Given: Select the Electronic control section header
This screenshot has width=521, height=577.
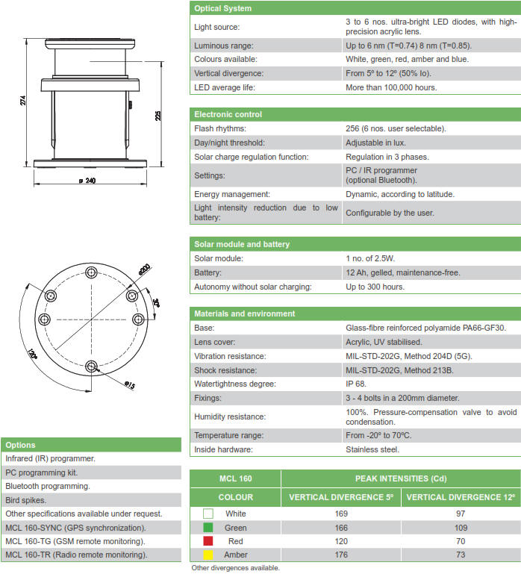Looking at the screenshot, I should (x=228, y=114).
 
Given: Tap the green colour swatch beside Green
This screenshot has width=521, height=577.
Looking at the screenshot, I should (x=208, y=528).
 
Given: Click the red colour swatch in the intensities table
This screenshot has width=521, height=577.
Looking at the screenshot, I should (x=208, y=541).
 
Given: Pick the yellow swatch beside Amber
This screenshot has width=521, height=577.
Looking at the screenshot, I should (x=208, y=555).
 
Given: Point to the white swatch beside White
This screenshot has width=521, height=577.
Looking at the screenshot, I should (x=208, y=514).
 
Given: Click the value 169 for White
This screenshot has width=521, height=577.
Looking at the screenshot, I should (x=342, y=514).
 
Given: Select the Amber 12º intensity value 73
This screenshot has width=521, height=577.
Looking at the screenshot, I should (x=461, y=555).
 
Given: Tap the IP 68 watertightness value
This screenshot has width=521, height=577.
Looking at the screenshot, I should (x=356, y=384).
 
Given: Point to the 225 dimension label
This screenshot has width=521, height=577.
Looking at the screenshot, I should (x=159, y=116).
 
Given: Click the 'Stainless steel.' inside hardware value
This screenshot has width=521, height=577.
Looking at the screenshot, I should (x=372, y=449).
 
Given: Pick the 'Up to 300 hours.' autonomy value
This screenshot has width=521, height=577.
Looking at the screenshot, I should (x=375, y=287).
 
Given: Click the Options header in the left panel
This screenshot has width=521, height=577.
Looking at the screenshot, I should (x=20, y=445).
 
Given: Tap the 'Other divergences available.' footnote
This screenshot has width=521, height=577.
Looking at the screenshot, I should (x=235, y=568).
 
